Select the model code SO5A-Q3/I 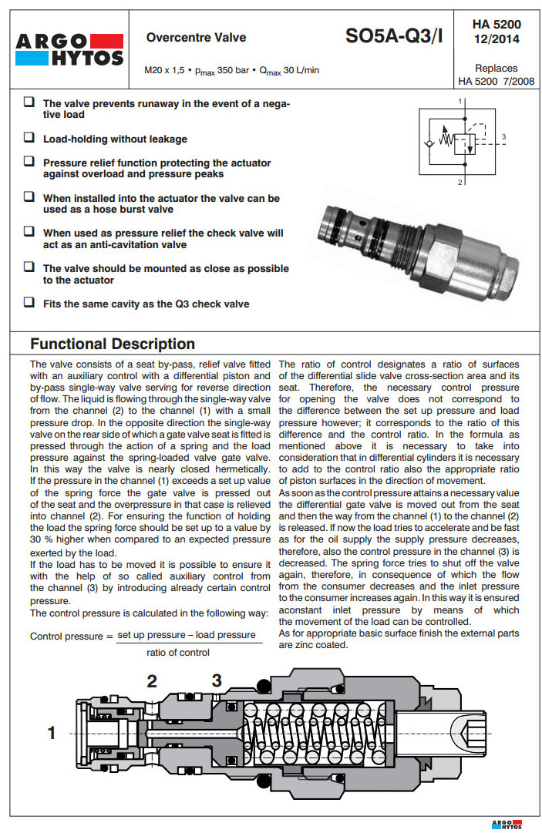click(x=394, y=35)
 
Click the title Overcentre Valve click(x=196, y=38)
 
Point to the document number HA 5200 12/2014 click(x=497, y=31)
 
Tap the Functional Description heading click(x=113, y=344)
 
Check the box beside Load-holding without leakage click(x=29, y=138)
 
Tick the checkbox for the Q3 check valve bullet click(x=29, y=303)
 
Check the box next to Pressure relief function click(x=29, y=162)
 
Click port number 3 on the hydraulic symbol click(x=503, y=137)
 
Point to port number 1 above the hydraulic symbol click(x=460, y=101)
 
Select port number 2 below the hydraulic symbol click(x=460, y=183)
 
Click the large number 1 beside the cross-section click(x=52, y=733)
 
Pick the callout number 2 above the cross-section click(x=152, y=680)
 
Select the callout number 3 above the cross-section click(x=217, y=680)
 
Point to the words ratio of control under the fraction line click(x=178, y=653)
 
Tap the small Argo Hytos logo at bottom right click(x=506, y=824)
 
